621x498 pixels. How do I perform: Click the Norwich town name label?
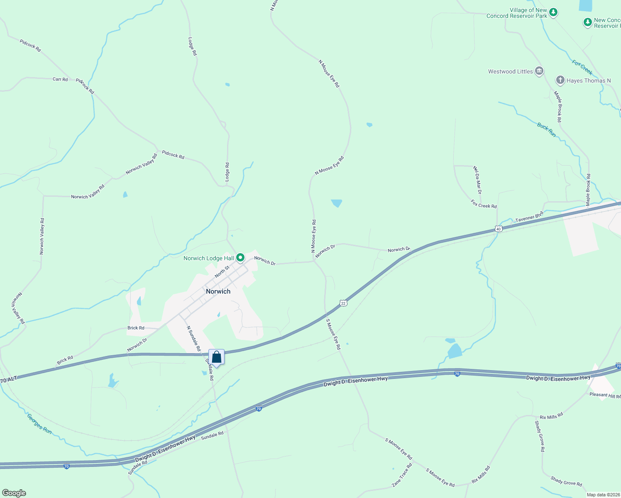coord(218,291)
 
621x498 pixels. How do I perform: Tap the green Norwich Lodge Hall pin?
coord(240,258)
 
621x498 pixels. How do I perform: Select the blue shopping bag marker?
coord(216,357)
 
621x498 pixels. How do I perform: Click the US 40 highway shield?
coord(499,229)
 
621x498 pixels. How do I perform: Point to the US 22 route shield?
coord(343,303)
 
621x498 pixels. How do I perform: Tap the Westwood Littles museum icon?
coord(539,71)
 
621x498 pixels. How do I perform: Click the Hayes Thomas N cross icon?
coord(560,81)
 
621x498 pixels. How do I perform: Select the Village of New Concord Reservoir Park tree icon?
coord(553,13)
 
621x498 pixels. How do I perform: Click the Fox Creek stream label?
coord(582,67)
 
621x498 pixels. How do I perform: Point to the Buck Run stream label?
coord(546,129)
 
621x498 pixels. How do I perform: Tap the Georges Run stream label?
coord(39,423)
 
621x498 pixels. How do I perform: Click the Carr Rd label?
coord(60,79)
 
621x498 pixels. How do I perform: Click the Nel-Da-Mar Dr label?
coord(477,180)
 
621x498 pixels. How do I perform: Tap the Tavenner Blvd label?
coord(529,217)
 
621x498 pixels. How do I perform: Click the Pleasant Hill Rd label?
coord(605,395)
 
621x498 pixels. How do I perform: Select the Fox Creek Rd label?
coord(484,204)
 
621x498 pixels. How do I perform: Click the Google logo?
coord(14,493)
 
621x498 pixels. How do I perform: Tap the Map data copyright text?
coord(603,495)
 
